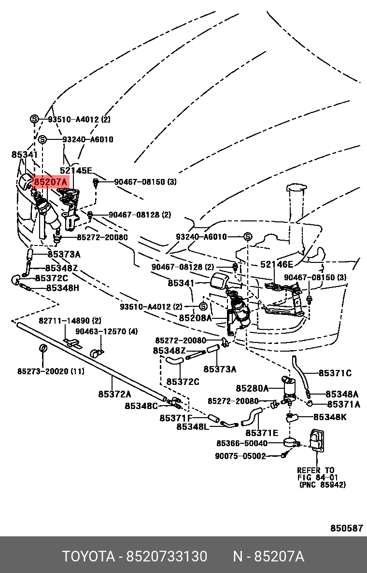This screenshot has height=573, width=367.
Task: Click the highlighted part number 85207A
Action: click(50, 183)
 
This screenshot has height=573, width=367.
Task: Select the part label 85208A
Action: click(195, 318)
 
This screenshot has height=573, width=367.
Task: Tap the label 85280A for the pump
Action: click(252, 388)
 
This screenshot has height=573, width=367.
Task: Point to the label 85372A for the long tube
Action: click(114, 394)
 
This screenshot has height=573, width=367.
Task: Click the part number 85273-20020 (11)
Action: click(51, 371)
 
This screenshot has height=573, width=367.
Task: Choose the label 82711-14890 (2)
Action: click(70, 321)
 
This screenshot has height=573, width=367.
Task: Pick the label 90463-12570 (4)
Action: click(106, 331)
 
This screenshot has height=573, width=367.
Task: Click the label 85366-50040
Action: click(241, 443)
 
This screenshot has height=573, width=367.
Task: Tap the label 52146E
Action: click(277, 264)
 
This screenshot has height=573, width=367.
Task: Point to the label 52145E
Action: click(75, 170)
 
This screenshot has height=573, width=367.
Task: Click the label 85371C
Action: click(335, 373)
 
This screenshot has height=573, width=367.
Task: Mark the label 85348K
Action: click(330, 417)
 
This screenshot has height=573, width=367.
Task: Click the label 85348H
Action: click(62, 288)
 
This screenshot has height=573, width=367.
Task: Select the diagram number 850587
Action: click(346, 528)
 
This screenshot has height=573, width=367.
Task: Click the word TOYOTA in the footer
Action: click(87, 557)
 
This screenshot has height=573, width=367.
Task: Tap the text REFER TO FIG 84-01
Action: click(316, 474)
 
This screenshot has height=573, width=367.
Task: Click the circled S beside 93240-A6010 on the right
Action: click(247, 237)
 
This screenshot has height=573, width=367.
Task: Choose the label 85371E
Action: click(262, 433)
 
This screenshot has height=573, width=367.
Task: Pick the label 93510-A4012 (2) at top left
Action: click(79, 119)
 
